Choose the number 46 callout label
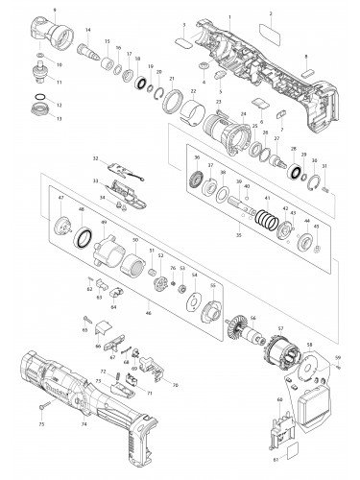tap(148, 313)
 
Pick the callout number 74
tap(84, 422)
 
